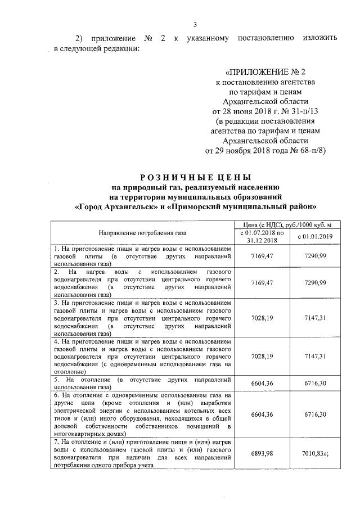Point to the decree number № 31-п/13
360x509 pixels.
point(302,111)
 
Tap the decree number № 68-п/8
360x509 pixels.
point(307,151)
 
